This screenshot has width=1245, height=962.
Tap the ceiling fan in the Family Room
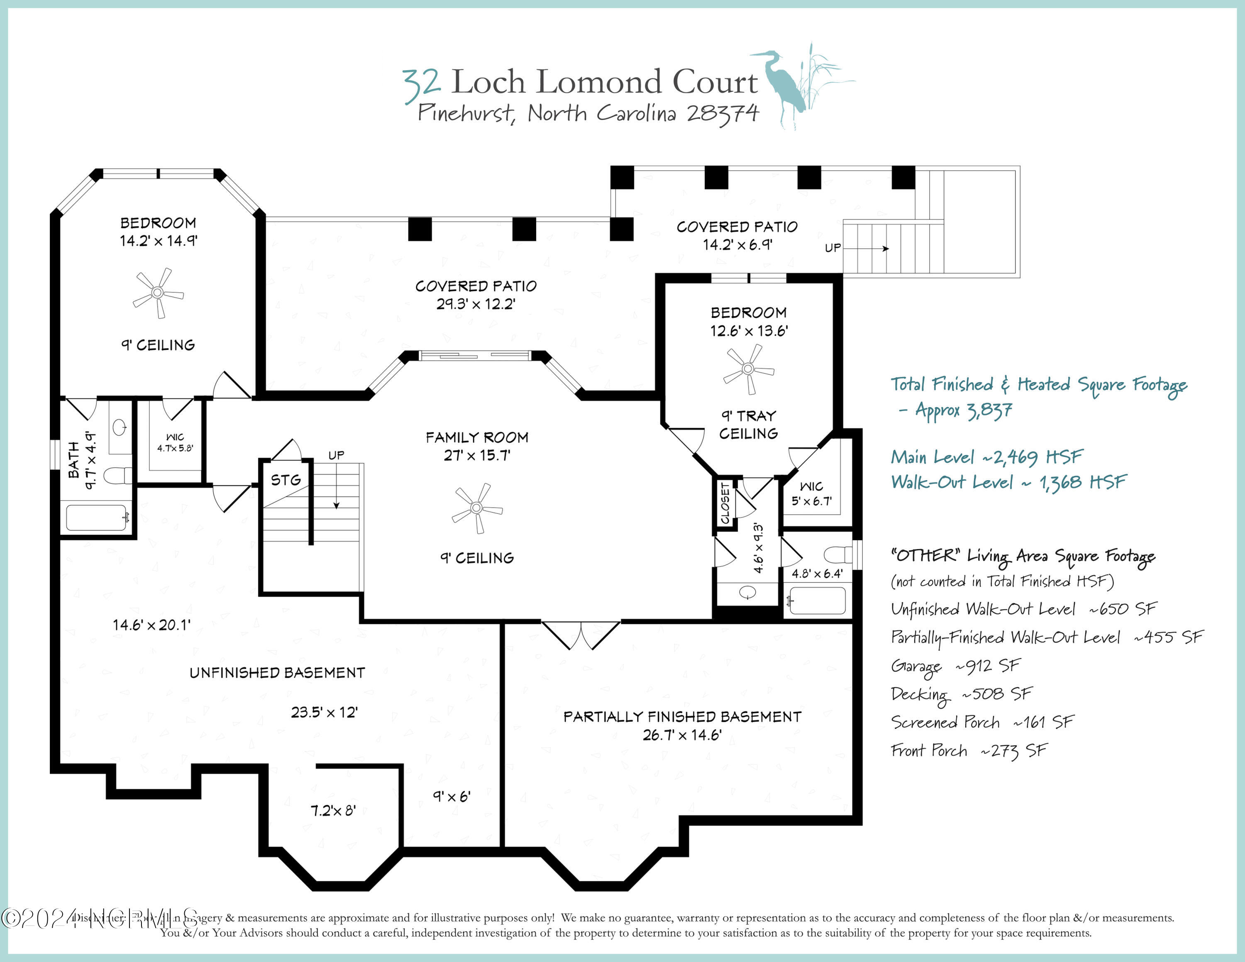pyautogui.click(x=476, y=508)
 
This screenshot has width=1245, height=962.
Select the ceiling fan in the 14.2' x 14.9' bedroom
pyautogui.click(x=158, y=293)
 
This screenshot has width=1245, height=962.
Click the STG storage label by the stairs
pyautogui.click(x=286, y=481)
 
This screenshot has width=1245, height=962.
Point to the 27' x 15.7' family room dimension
pyautogui.click(x=476, y=455)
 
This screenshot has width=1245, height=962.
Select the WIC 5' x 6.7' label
pyautogui.click(x=811, y=493)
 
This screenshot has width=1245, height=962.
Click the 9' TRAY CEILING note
pyautogui.click(x=748, y=425)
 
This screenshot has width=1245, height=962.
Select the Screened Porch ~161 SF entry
pyautogui.click(x=981, y=723)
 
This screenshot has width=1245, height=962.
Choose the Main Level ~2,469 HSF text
pyautogui.click(x=986, y=457)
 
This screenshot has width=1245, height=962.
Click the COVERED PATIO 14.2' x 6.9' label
pyautogui.click(x=737, y=235)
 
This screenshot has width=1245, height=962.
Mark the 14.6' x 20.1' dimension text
pyautogui.click(x=151, y=625)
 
